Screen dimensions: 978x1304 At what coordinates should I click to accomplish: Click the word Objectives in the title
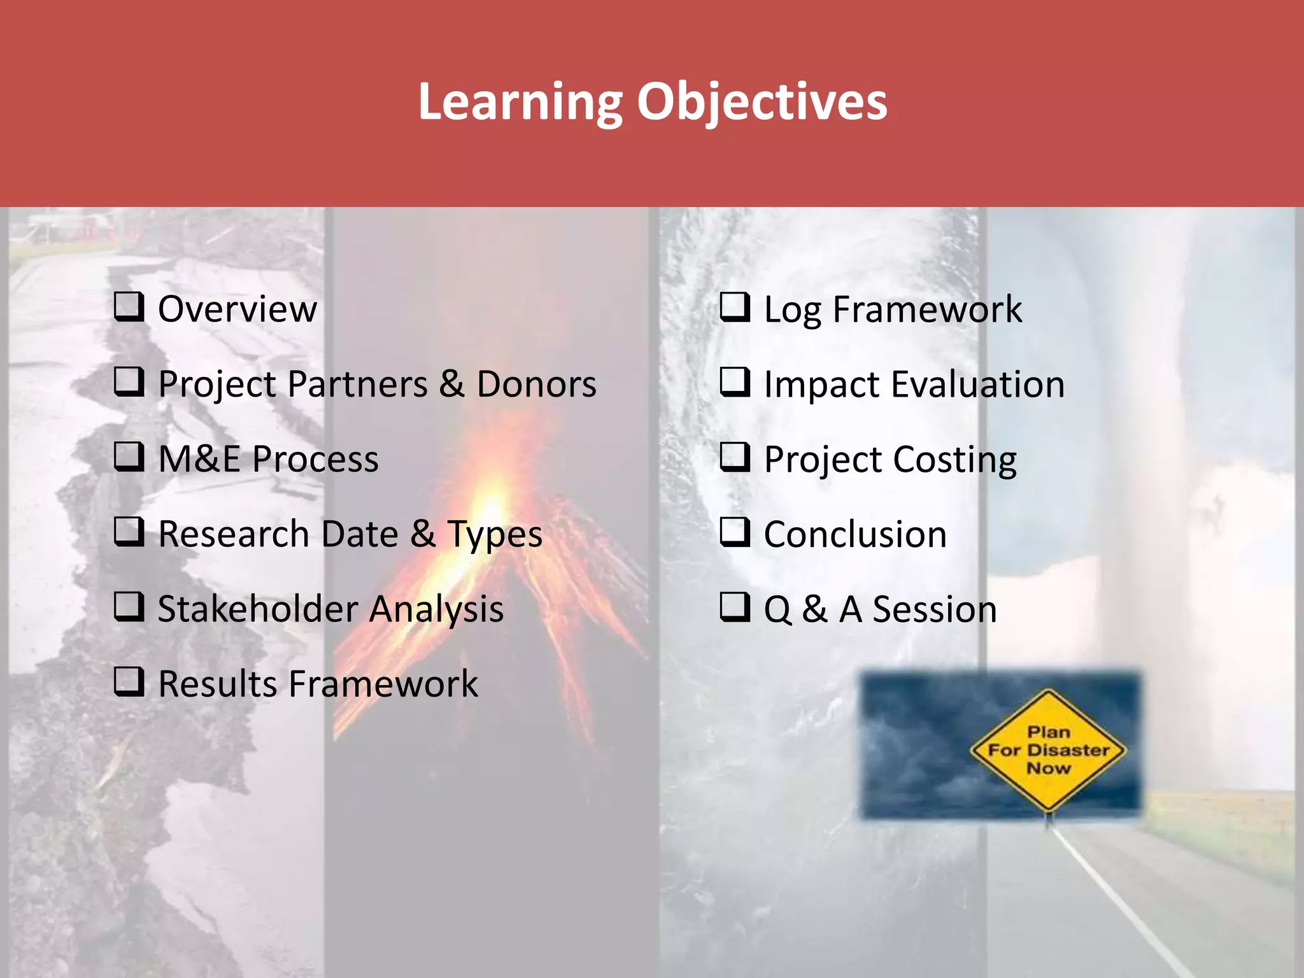pyautogui.click(x=762, y=102)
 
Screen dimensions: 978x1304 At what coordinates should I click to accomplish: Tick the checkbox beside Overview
pyautogui.click(x=129, y=307)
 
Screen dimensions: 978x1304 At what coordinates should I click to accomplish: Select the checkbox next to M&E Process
pyautogui.click(x=129, y=457)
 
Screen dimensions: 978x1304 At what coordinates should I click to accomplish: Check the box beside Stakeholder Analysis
pyautogui.click(x=129, y=607)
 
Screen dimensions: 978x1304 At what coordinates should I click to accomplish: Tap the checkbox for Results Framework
pyautogui.click(x=129, y=682)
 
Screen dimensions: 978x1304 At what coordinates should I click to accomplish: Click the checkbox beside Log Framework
pyautogui.click(x=735, y=307)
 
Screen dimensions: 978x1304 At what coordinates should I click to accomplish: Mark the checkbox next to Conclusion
pyautogui.click(x=735, y=532)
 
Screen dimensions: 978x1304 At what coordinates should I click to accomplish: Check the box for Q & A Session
pyautogui.click(x=735, y=607)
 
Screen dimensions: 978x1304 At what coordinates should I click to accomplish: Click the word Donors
pyautogui.click(x=536, y=385)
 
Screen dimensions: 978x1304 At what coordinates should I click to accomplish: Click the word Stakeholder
pyautogui.click(x=257, y=609)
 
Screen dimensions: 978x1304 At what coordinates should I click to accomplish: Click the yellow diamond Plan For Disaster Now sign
pyautogui.click(x=1048, y=750)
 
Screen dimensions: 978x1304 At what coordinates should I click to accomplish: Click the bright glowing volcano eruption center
pyautogui.click(x=490, y=503)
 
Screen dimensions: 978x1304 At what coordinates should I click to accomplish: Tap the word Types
pyautogui.click(x=494, y=535)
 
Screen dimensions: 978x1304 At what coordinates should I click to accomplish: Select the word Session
pyautogui.click(x=934, y=609)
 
